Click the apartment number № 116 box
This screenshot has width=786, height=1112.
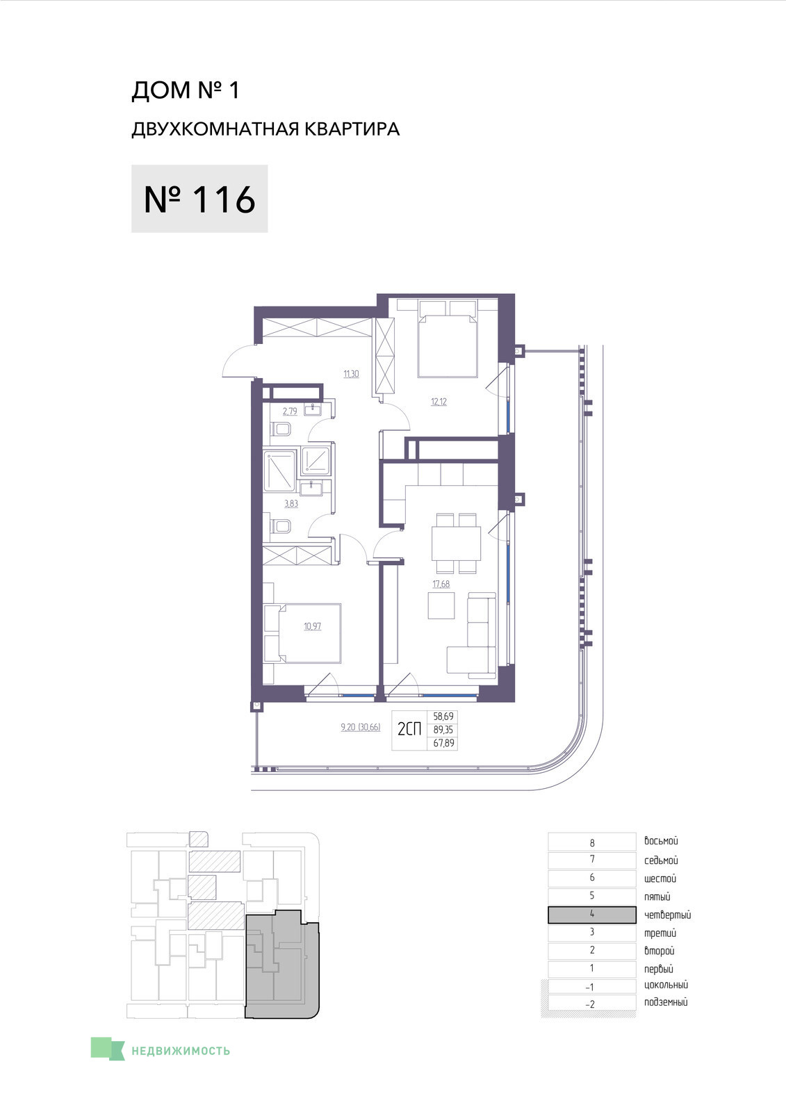[x=199, y=199]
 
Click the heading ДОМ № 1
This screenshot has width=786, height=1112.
[x=185, y=90]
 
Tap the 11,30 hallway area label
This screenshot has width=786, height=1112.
[x=351, y=374]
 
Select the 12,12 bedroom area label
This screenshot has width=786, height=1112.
[x=439, y=402]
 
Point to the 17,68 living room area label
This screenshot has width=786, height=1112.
[x=441, y=584]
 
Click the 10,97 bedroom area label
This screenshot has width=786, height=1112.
[x=312, y=626]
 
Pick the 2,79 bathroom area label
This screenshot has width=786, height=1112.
[x=290, y=411]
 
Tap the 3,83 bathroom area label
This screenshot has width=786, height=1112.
[x=291, y=503]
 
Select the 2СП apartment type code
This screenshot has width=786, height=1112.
[x=409, y=729]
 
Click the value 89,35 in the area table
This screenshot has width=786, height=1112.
[x=443, y=730]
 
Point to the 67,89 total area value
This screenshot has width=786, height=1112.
[x=443, y=743]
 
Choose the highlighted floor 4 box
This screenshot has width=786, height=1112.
[x=592, y=915]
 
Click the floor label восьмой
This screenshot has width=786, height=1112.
[x=661, y=841]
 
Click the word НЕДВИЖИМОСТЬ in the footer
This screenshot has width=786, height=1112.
[x=181, y=1051]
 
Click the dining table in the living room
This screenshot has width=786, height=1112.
[x=457, y=543]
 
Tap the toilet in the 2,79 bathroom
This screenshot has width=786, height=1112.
[x=281, y=429]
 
